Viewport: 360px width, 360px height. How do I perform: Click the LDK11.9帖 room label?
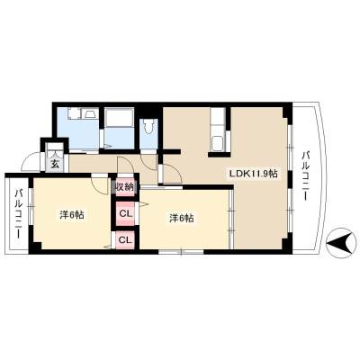point(253,174)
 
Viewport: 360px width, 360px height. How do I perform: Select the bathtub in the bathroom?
point(119,118)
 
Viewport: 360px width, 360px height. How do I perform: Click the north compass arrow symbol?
point(339,242)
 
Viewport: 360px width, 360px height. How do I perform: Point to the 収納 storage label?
point(123,187)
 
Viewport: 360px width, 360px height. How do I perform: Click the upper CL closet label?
point(125,213)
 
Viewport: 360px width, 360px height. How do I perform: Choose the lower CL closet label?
point(125,239)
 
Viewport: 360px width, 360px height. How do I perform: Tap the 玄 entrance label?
point(55,165)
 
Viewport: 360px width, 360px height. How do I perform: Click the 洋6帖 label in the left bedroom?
point(71,215)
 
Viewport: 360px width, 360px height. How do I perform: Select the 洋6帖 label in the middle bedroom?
point(182,218)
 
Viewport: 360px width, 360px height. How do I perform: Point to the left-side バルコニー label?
point(19,213)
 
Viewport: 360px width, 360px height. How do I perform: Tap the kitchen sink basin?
point(217,143)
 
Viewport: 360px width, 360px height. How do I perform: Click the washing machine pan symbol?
point(74,114)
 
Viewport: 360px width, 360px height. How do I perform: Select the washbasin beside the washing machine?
point(91,113)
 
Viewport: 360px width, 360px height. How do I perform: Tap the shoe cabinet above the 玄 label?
point(55,149)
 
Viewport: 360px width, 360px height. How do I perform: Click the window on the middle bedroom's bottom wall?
point(181,252)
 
